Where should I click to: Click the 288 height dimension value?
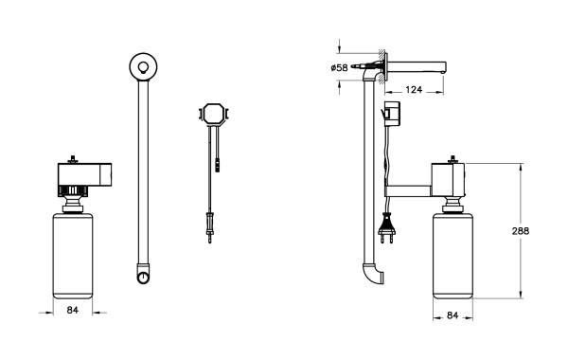coord(520,231)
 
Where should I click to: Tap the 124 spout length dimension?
coord(414,89)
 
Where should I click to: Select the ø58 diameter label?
coord(339,68)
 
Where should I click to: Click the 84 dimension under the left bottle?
coord(73,310)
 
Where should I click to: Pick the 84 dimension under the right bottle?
coord(453,315)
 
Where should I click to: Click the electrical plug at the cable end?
coord(386,229)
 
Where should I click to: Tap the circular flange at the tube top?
coord(143,66)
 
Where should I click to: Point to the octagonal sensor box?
coord(214,115)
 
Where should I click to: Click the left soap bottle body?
coord(73,256)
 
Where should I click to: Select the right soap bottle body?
coord(453,256)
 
